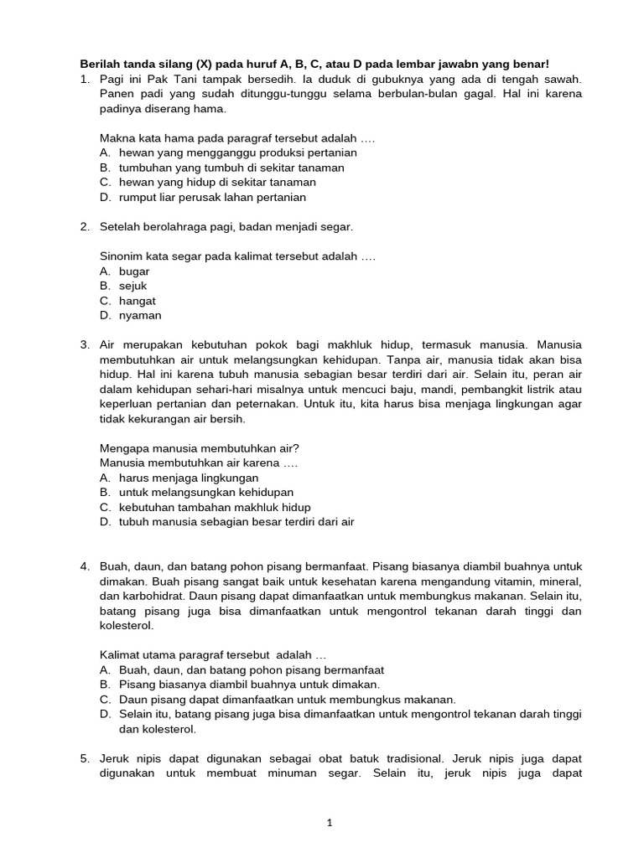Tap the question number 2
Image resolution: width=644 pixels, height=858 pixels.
[85, 227]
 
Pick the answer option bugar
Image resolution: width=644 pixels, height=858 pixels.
[134, 271]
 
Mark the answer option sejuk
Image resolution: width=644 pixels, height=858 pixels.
[133, 287]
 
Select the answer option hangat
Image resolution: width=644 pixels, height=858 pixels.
[138, 301]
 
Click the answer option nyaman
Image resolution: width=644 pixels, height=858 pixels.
[140, 316]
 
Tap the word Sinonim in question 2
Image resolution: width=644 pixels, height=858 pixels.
[122, 256]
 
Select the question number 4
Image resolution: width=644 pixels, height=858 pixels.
[85, 566]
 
